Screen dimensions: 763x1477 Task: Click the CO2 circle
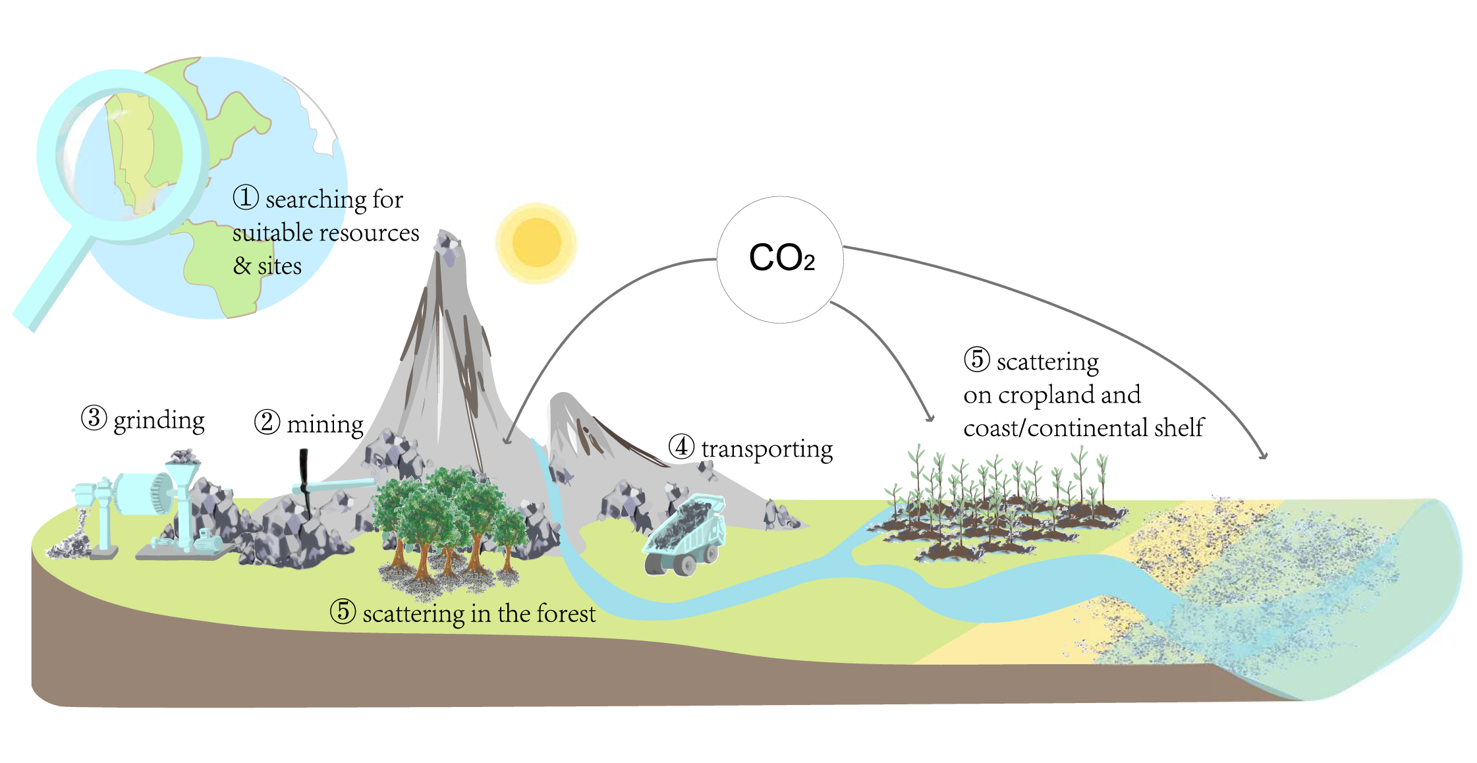[780, 259]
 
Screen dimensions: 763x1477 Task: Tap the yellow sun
[536, 242]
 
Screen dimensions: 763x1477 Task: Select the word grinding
[159, 420]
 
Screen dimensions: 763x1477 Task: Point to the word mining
[325, 424]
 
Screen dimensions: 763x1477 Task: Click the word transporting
[766, 449]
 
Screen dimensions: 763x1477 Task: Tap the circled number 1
[246, 197]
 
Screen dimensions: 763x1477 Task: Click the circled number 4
[681, 447]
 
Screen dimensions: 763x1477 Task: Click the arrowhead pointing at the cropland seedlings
[930, 417]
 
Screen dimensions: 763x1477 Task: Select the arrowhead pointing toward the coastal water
[1262, 455]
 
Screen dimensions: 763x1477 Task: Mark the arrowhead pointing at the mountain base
[507, 439]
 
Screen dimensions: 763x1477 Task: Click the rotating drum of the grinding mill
[142, 494]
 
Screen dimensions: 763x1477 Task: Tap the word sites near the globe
[279, 266]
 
